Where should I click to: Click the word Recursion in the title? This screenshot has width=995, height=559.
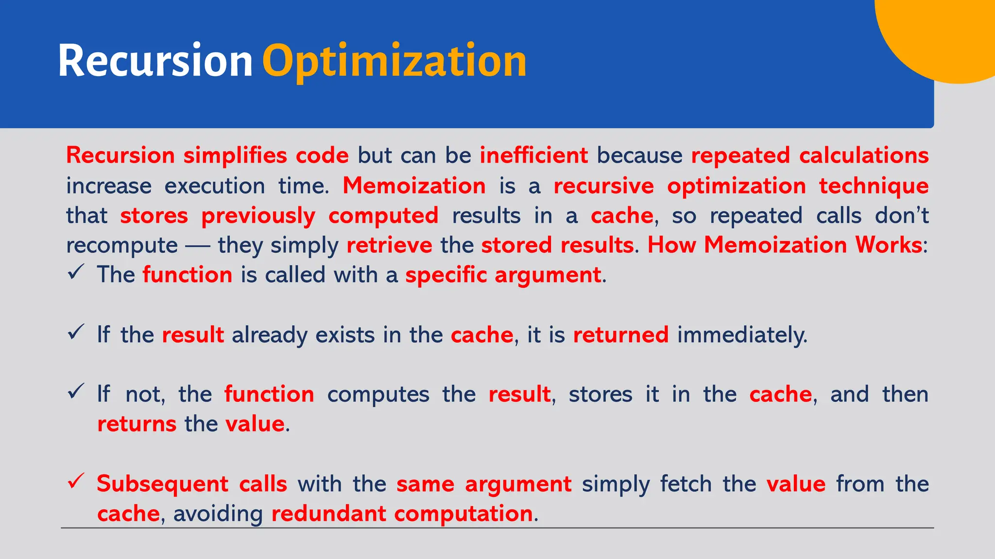155,61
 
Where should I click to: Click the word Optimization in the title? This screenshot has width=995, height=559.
394,62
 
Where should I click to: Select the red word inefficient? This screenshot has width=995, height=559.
533,156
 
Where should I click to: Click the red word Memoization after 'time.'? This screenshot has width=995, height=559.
414,186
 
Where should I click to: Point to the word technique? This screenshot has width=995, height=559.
874,186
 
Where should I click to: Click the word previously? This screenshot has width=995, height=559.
258,216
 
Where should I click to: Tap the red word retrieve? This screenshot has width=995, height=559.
389,245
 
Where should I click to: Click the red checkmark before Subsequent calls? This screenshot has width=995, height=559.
76,481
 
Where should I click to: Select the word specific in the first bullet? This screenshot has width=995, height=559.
446,275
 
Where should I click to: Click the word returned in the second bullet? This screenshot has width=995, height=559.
620,335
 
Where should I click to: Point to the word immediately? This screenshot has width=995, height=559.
742,335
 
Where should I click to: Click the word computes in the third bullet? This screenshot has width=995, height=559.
378,395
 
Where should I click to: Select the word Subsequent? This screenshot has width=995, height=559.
162,484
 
